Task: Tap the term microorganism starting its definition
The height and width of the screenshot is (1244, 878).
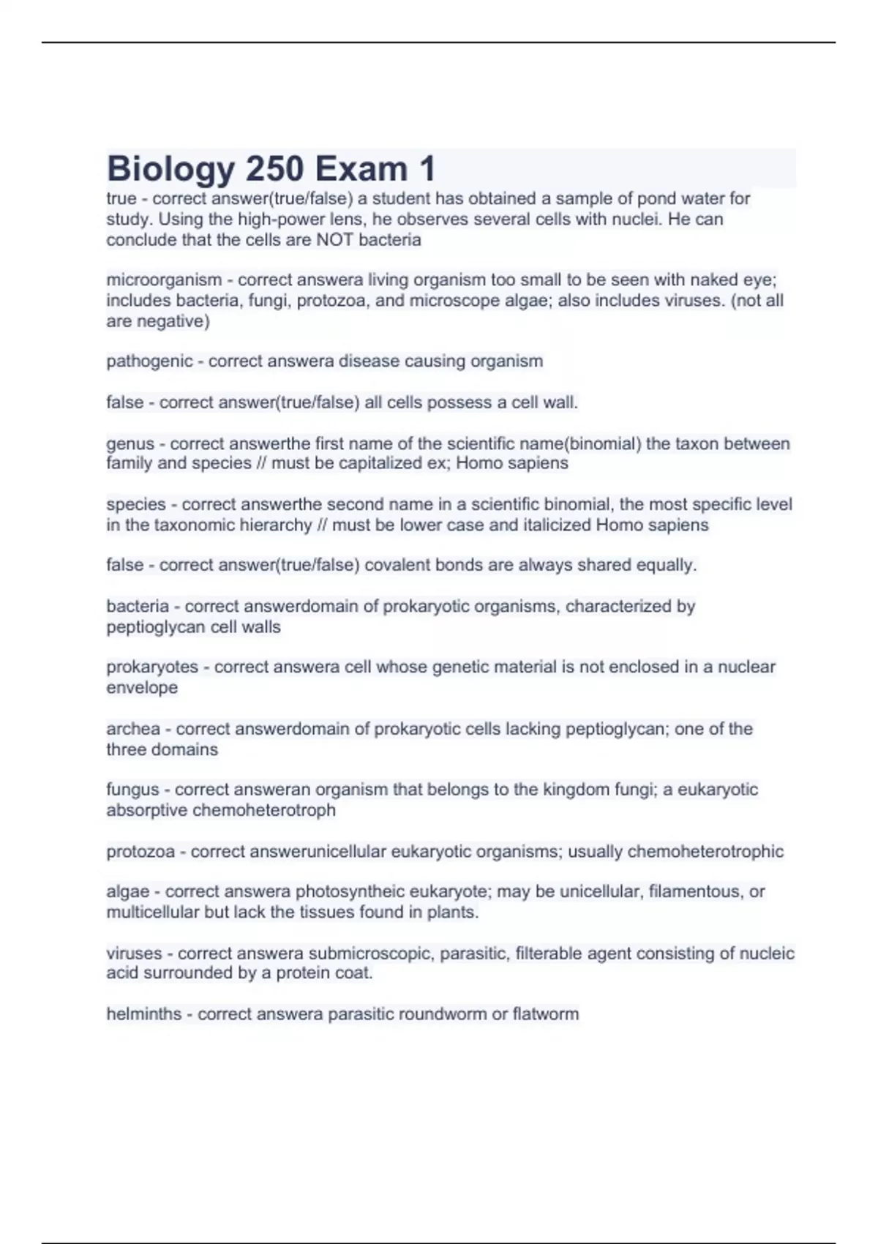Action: [x=164, y=280]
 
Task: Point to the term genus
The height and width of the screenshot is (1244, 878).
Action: [x=130, y=444]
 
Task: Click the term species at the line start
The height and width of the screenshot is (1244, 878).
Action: [x=136, y=505]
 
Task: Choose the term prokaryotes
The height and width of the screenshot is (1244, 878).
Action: [x=152, y=667]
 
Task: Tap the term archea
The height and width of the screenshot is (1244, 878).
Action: [x=133, y=729]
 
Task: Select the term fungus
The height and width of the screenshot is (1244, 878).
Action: [x=132, y=790]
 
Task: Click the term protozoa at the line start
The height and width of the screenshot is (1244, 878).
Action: [x=140, y=852]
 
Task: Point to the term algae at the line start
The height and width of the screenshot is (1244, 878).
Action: [x=128, y=892]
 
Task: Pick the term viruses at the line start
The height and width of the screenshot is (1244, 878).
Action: [x=134, y=953]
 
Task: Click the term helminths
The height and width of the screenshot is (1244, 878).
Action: [x=144, y=1014]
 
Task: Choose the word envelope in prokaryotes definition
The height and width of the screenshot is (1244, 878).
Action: [x=142, y=688]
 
